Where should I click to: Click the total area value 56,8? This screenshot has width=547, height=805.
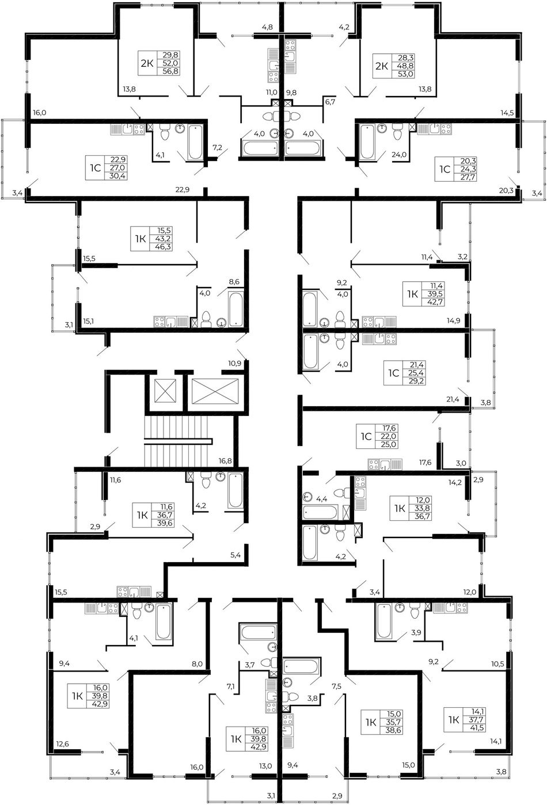tap(171, 71)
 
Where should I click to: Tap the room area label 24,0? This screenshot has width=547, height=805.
tap(399, 155)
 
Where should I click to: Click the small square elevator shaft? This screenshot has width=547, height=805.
tap(165, 391)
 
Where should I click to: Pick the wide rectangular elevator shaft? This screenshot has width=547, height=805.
tap(215, 391)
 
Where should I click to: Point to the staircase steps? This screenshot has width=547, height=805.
tap(177, 441)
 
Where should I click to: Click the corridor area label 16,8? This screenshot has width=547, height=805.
tap(225, 461)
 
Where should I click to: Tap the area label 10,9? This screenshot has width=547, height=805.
tap(234, 363)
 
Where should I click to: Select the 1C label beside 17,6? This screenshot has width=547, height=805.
tap(366, 436)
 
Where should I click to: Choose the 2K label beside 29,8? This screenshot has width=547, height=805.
tap(147, 63)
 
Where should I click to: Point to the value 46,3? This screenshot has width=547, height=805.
tap(164, 247)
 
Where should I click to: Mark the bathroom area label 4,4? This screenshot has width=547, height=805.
tap(321, 499)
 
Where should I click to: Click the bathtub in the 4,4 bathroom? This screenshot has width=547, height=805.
tap(320, 512)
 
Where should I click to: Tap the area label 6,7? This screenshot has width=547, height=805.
tap(330, 102)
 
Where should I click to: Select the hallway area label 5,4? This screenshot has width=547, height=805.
tap(235, 555)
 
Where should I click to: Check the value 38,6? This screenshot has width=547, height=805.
tap(394, 731)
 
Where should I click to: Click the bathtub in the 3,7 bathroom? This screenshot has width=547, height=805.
tap(257, 633)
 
